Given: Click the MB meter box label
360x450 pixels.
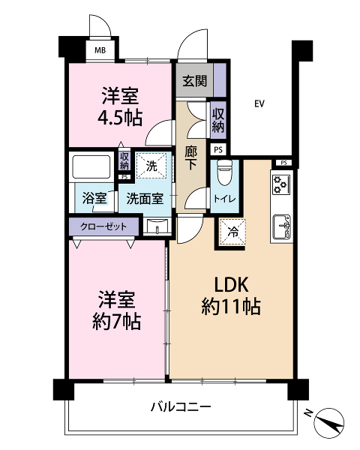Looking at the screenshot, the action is point(100,50).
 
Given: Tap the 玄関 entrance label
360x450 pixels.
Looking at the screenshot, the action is point(195,81).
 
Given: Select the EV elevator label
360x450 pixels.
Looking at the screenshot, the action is point(259,103).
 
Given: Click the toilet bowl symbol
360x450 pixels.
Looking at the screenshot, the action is point(224,172).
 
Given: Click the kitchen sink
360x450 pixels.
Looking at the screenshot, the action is point(281,226).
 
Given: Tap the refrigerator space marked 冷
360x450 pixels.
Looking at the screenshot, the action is point(232,232).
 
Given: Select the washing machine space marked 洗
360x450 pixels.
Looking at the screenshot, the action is point(151,166).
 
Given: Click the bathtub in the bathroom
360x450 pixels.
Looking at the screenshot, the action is point(91,166).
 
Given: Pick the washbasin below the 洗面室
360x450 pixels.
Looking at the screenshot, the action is point(157,226).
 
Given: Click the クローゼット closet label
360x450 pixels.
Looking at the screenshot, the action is point(103,226).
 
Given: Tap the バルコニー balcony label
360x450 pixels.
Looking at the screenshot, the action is point(181,407).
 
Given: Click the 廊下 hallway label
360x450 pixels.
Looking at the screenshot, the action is point(191,157).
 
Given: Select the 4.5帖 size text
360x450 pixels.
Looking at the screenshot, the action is point(120,118).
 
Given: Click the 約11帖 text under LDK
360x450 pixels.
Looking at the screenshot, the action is point(231,307).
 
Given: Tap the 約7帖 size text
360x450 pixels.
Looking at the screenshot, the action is point(117,322).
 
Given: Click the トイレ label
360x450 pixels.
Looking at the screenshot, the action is point(224,199).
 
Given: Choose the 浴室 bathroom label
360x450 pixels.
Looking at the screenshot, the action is point(94,198).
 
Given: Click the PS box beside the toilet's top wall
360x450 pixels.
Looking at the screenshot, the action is point(218,149).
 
